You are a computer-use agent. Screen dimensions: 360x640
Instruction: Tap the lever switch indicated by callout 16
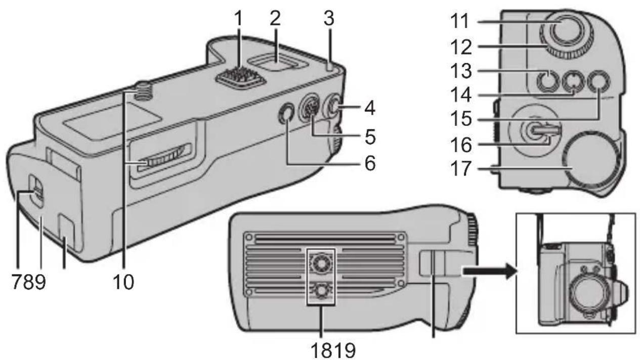(x=541, y=130)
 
